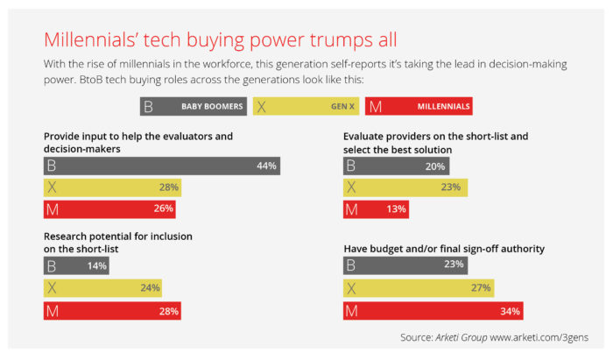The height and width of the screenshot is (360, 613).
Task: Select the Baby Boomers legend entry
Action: (x=194, y=107)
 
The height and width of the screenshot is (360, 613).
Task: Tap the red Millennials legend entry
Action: (x=419, y=107)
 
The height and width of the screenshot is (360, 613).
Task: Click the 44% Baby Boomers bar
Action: (x=162, y=166)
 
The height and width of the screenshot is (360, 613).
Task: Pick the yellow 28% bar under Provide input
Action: (x=113, y=187)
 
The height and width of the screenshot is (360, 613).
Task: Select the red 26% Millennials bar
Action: (x=109, y=208)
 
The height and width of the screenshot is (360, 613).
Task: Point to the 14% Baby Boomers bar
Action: (x=76, y=266)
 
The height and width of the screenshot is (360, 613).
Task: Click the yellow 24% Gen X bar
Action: (x=102, y=288)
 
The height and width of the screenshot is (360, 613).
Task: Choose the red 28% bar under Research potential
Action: (x=113, y=310)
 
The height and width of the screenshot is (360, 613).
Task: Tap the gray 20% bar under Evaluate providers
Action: (x=396, y=166)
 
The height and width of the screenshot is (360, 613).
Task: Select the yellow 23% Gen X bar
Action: (x=405, y=187)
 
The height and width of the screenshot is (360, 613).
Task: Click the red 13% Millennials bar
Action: (x=376, y=208)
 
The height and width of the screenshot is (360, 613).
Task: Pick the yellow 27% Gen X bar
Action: (x=418, y=288)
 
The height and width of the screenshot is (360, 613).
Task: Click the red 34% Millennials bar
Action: (x=436, y=310)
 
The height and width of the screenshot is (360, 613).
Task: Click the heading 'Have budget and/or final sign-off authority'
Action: (x=444, y=249)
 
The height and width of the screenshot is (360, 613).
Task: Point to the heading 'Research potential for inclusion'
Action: (x=117, y=236)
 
